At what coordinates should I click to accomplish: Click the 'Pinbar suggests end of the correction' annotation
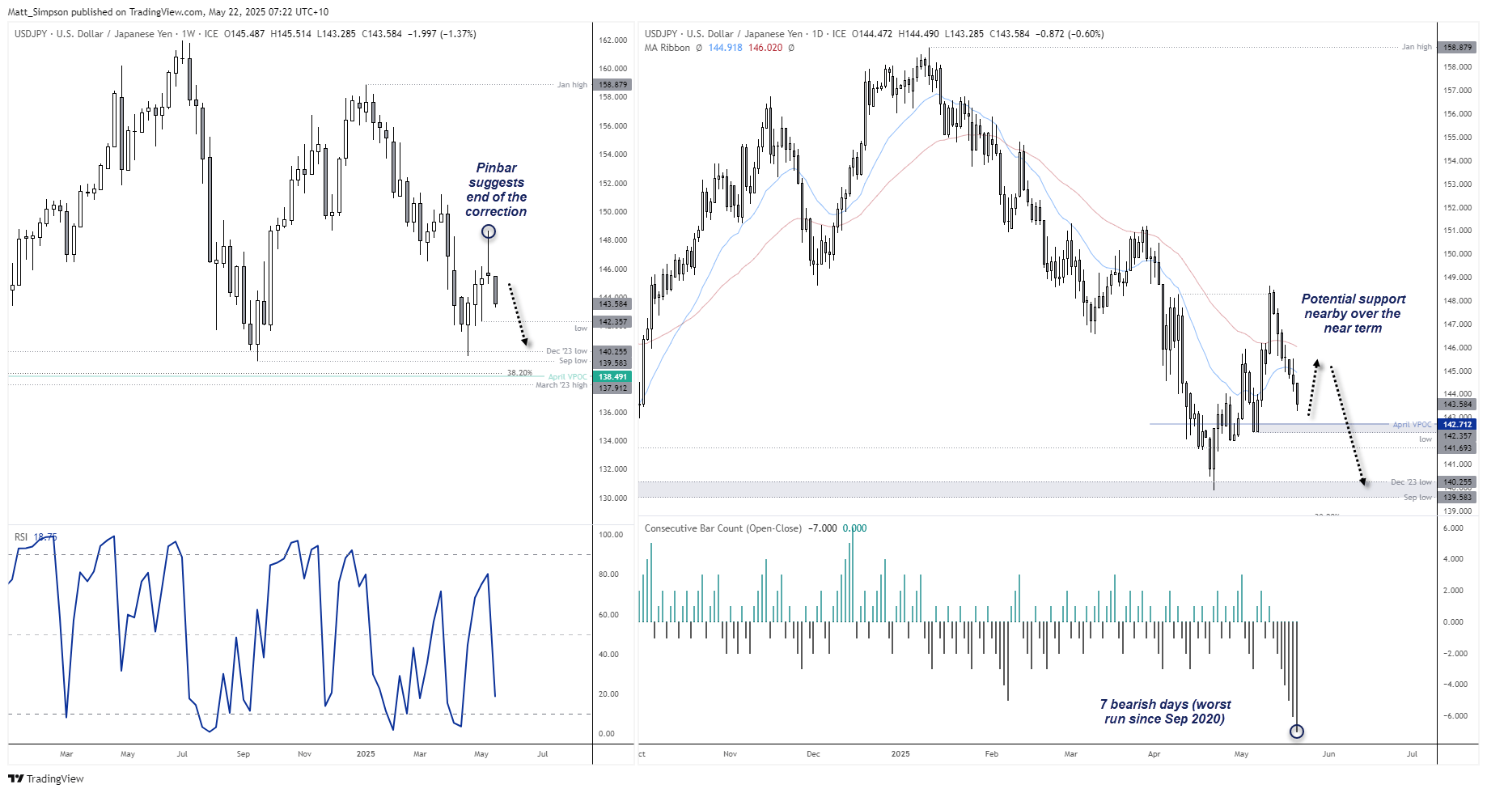pyautogui.click(x=496, y=189)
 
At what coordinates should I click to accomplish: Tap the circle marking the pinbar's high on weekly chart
pyautogui.click(x=489, y=232)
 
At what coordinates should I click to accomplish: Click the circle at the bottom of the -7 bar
pyautogui.click(x=1297, y=732)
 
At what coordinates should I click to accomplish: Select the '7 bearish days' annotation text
pyautogui.click(x=1165, y=711)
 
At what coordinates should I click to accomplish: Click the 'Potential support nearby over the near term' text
pyautogui.click(x=1353, y=313)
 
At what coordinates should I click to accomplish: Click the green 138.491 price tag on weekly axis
pyautogui.click(x=612, y=376)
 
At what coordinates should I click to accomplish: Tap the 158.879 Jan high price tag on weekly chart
pyautogui.click(x=612, y=84)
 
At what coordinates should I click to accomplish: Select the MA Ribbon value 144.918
pyautogui.click(x=725, y=48)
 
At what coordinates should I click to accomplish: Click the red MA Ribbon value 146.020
pyautogui.click(x=765, y=48)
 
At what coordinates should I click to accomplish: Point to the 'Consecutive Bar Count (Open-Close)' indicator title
pyautogui.click(x=722, y=528)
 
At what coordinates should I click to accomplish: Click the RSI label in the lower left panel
pyautogui.click(x=21, y=536)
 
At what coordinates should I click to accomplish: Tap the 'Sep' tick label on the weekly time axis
pyautogui.click(x=243, y=753)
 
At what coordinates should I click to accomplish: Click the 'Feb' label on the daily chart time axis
pyautogui.click(x=991, y=753)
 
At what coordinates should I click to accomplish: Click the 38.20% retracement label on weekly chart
pyautogui.click(x=519, y=373)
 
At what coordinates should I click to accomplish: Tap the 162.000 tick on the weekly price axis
pyautogui.click(x=612, y=40)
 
